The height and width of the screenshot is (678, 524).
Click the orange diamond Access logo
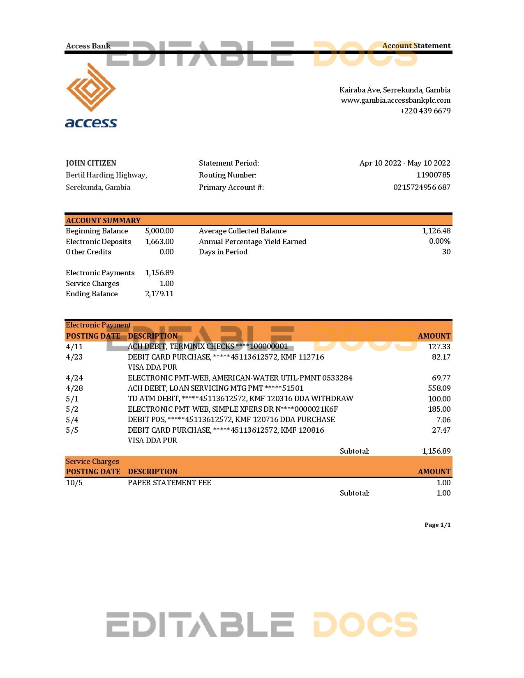[x=91, y=88]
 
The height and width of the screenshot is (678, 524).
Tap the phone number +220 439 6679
[x=425, y=111]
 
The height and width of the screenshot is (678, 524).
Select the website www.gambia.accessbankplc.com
[x=395, y=100]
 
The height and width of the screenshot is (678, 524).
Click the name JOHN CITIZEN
[x=91, y=163]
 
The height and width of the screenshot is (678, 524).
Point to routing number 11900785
[x=433, y=175]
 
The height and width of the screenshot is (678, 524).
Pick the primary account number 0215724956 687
[x=422, y=187]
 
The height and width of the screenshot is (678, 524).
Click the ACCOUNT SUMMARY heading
[x=103, y=221]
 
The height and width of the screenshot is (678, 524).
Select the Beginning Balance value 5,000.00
[x=159, y=231]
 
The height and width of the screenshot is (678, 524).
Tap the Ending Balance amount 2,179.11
[x=159, y=294]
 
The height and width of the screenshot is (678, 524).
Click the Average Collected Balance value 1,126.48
[x=436, y=231]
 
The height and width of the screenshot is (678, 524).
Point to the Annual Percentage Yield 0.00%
[x=439, y=241]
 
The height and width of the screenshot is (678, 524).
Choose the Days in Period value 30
[x=446, y=252]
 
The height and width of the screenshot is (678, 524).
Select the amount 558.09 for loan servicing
[x=439, y=388]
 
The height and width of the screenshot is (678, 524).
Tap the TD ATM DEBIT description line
[x=240, y=399]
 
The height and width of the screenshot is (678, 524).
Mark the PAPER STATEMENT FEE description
[x=169, y=483]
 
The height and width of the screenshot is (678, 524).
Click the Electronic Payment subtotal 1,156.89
[x=436, y=451]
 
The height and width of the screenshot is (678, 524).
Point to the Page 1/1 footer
[x=437, y=525]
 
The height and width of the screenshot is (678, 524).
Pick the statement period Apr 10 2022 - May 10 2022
[x=405, y=163]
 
